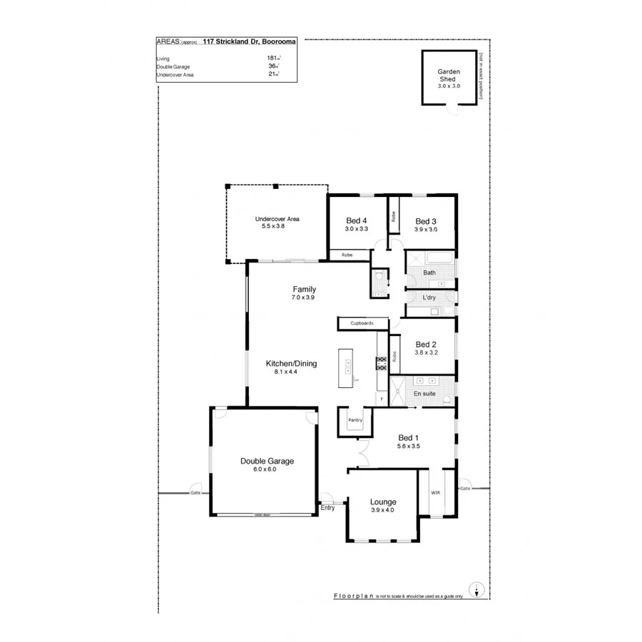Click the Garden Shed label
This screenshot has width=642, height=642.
pyautogui.click(x=449, y=76)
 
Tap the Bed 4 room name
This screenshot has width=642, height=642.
pyautogui.click(x=356, y=220)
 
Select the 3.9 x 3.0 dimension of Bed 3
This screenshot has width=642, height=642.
pyautogui.click(x=425, y=230)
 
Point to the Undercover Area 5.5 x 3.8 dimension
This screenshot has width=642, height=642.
pyautogui.click(x=277, y=226)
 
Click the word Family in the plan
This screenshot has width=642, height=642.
pyautogui.click(x=303, y=289)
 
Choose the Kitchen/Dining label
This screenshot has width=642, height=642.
pyautogui.click(x=291, y=363)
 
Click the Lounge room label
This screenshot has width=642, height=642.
pyautogui.click(x=382, y=501)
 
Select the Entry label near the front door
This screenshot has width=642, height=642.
pyautogui.click(x=327, y=508)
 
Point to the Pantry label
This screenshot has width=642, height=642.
pyautogui.click(x=355, y=420)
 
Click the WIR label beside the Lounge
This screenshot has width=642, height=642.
pyautogui.click(x=435, y=492)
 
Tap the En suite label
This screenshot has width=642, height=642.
pyautogui.click(x=424, y=393)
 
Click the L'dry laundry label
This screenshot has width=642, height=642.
pyautogui.click(x=429, y=297)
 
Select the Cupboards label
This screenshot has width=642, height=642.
pyautogui.click(x=361, y=323)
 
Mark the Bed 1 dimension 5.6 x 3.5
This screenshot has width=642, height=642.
pyautogui.click(x=409, y=446)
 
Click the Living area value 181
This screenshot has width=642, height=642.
pyautogui.click(x=272, y=58)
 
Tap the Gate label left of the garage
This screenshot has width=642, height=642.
pyautogui.click(x=195, y=493)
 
